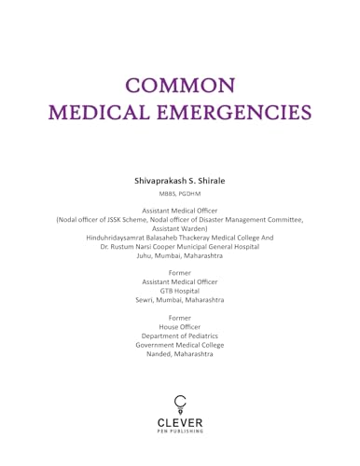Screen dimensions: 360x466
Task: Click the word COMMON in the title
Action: [x=180, y=85]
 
